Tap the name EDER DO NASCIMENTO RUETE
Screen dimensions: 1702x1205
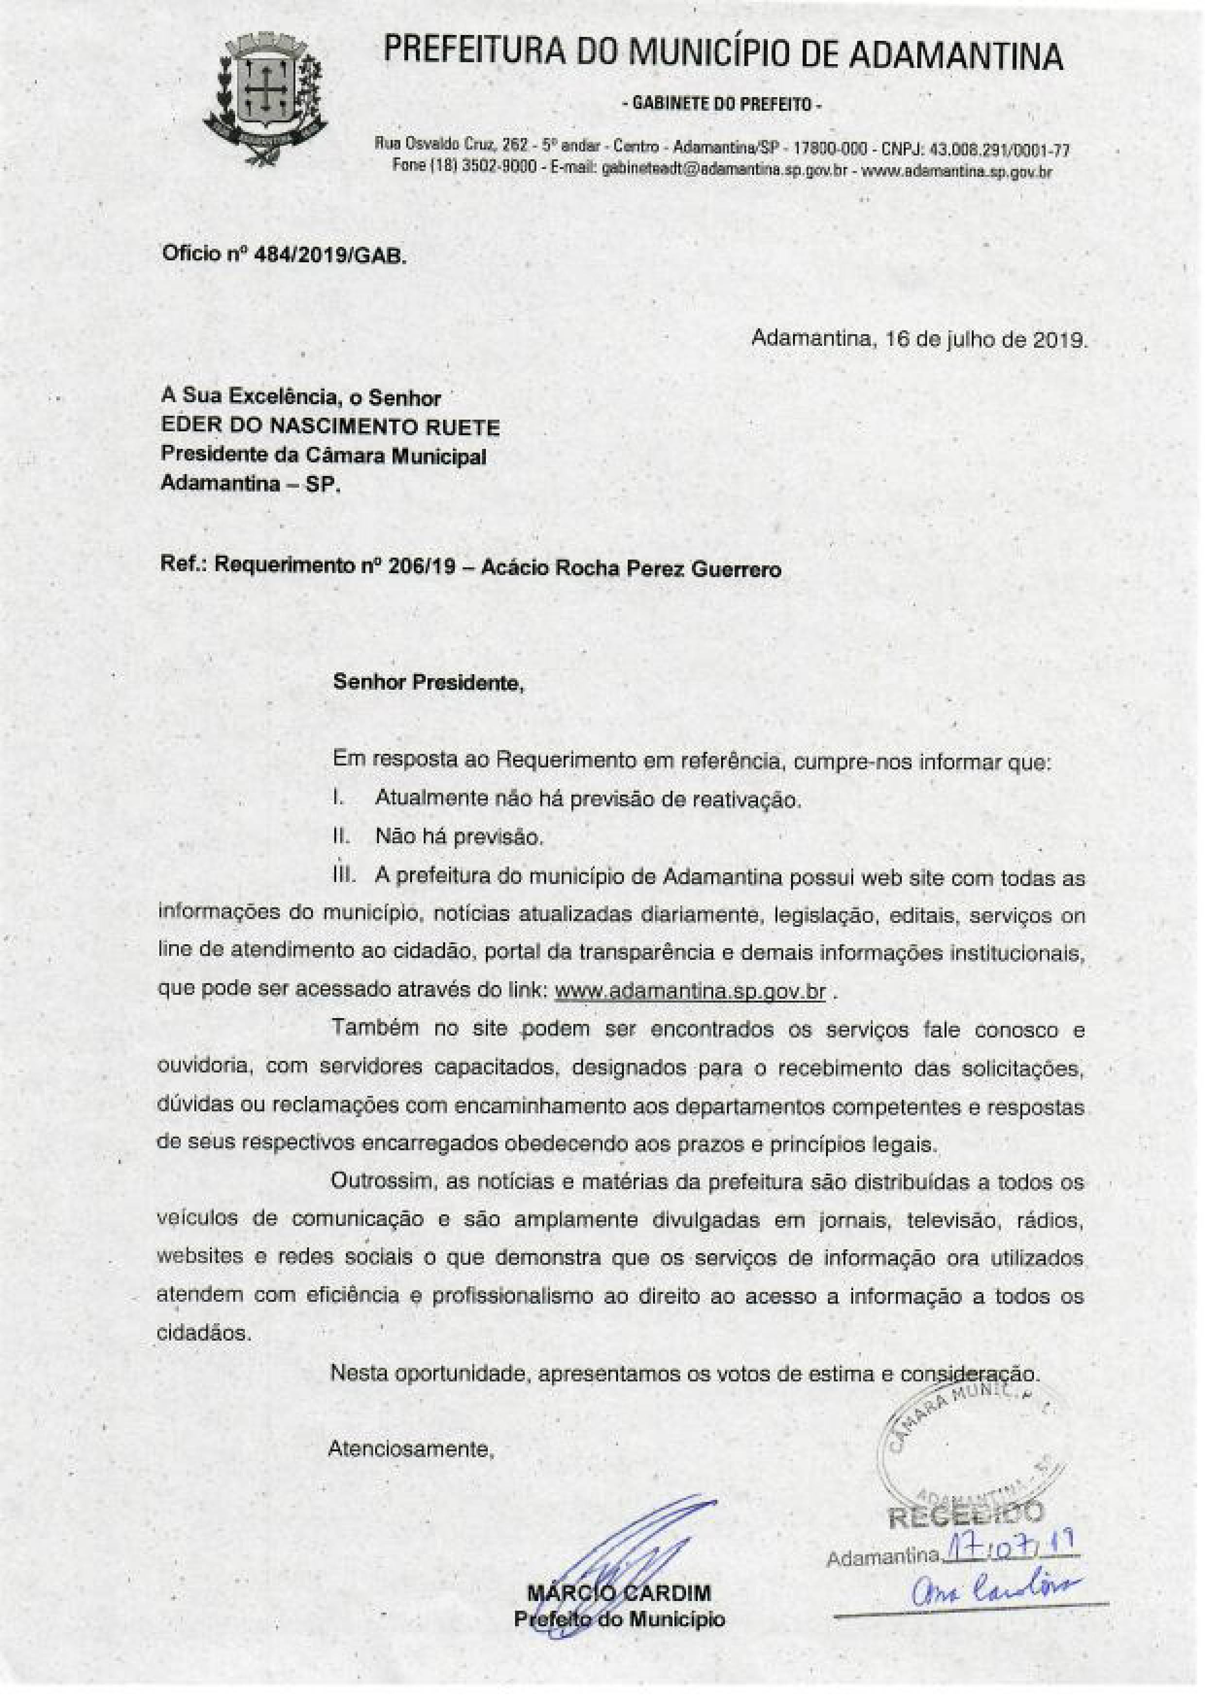[x=330, y=427]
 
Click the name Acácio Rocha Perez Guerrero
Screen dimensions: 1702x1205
[x=631, y=568]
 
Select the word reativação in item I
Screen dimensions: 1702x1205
[x=748, y=800]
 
